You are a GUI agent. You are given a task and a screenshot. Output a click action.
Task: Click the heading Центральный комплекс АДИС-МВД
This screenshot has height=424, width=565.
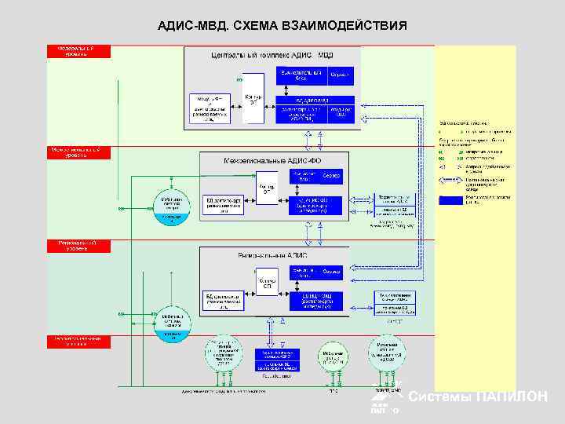[272, 55]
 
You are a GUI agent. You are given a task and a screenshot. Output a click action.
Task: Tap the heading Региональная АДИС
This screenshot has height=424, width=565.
[272, 255]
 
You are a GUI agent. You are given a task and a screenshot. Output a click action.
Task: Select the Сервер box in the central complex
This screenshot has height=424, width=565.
[339, 75]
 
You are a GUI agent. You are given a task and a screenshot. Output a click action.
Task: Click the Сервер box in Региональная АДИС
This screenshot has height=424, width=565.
[331, 272]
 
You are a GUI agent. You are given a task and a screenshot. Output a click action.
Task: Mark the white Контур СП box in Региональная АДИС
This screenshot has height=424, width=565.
[268, 284]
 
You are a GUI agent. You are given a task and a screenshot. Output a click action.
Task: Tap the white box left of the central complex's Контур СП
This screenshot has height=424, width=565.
[210, 108]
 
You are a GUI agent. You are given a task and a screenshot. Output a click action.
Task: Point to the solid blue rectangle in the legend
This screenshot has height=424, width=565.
[450, 200]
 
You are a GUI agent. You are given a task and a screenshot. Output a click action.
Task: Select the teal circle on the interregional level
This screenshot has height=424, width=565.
[172, 208]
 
